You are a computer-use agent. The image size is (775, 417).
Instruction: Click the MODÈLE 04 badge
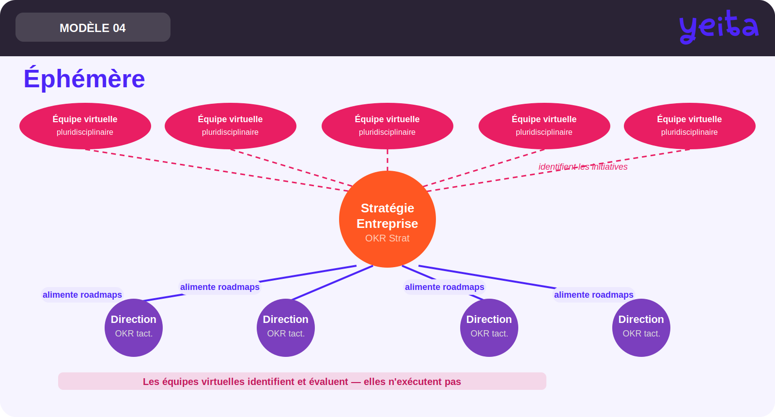tap(93, 27)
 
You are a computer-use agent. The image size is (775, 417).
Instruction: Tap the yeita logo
tap(719, 27)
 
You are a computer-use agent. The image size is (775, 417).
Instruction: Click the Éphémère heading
tap(84, 78)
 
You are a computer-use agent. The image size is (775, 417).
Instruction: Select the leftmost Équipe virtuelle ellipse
tap(85, 126)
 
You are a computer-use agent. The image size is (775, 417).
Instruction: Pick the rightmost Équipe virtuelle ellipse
tap(690, 126)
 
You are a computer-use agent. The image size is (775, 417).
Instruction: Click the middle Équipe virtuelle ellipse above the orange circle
tap(387, 126)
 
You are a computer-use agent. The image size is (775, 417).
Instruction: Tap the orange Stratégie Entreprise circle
tap(387, 219)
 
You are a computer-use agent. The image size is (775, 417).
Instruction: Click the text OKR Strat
tap(387, 238)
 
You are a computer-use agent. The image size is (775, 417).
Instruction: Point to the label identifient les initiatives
tap(583, 167)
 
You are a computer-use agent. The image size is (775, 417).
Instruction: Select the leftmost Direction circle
tap(134, 328)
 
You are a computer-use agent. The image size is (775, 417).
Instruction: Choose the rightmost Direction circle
tap(641, 328)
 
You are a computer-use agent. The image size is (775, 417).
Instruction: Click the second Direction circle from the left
tap(286, 328)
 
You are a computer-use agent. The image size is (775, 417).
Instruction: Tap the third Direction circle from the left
tap(489, 328)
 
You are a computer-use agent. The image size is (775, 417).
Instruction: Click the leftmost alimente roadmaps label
tap(82, 295)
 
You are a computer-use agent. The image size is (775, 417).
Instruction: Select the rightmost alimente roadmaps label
tap(594, 295)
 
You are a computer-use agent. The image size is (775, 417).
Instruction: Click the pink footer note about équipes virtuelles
tap(302, 381)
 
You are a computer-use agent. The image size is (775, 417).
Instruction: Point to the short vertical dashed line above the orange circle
tap(387, 160)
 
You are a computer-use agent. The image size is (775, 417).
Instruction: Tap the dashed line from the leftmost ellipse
tap(217, 170)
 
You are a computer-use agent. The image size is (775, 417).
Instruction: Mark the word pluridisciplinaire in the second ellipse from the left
tap(230, 132)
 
